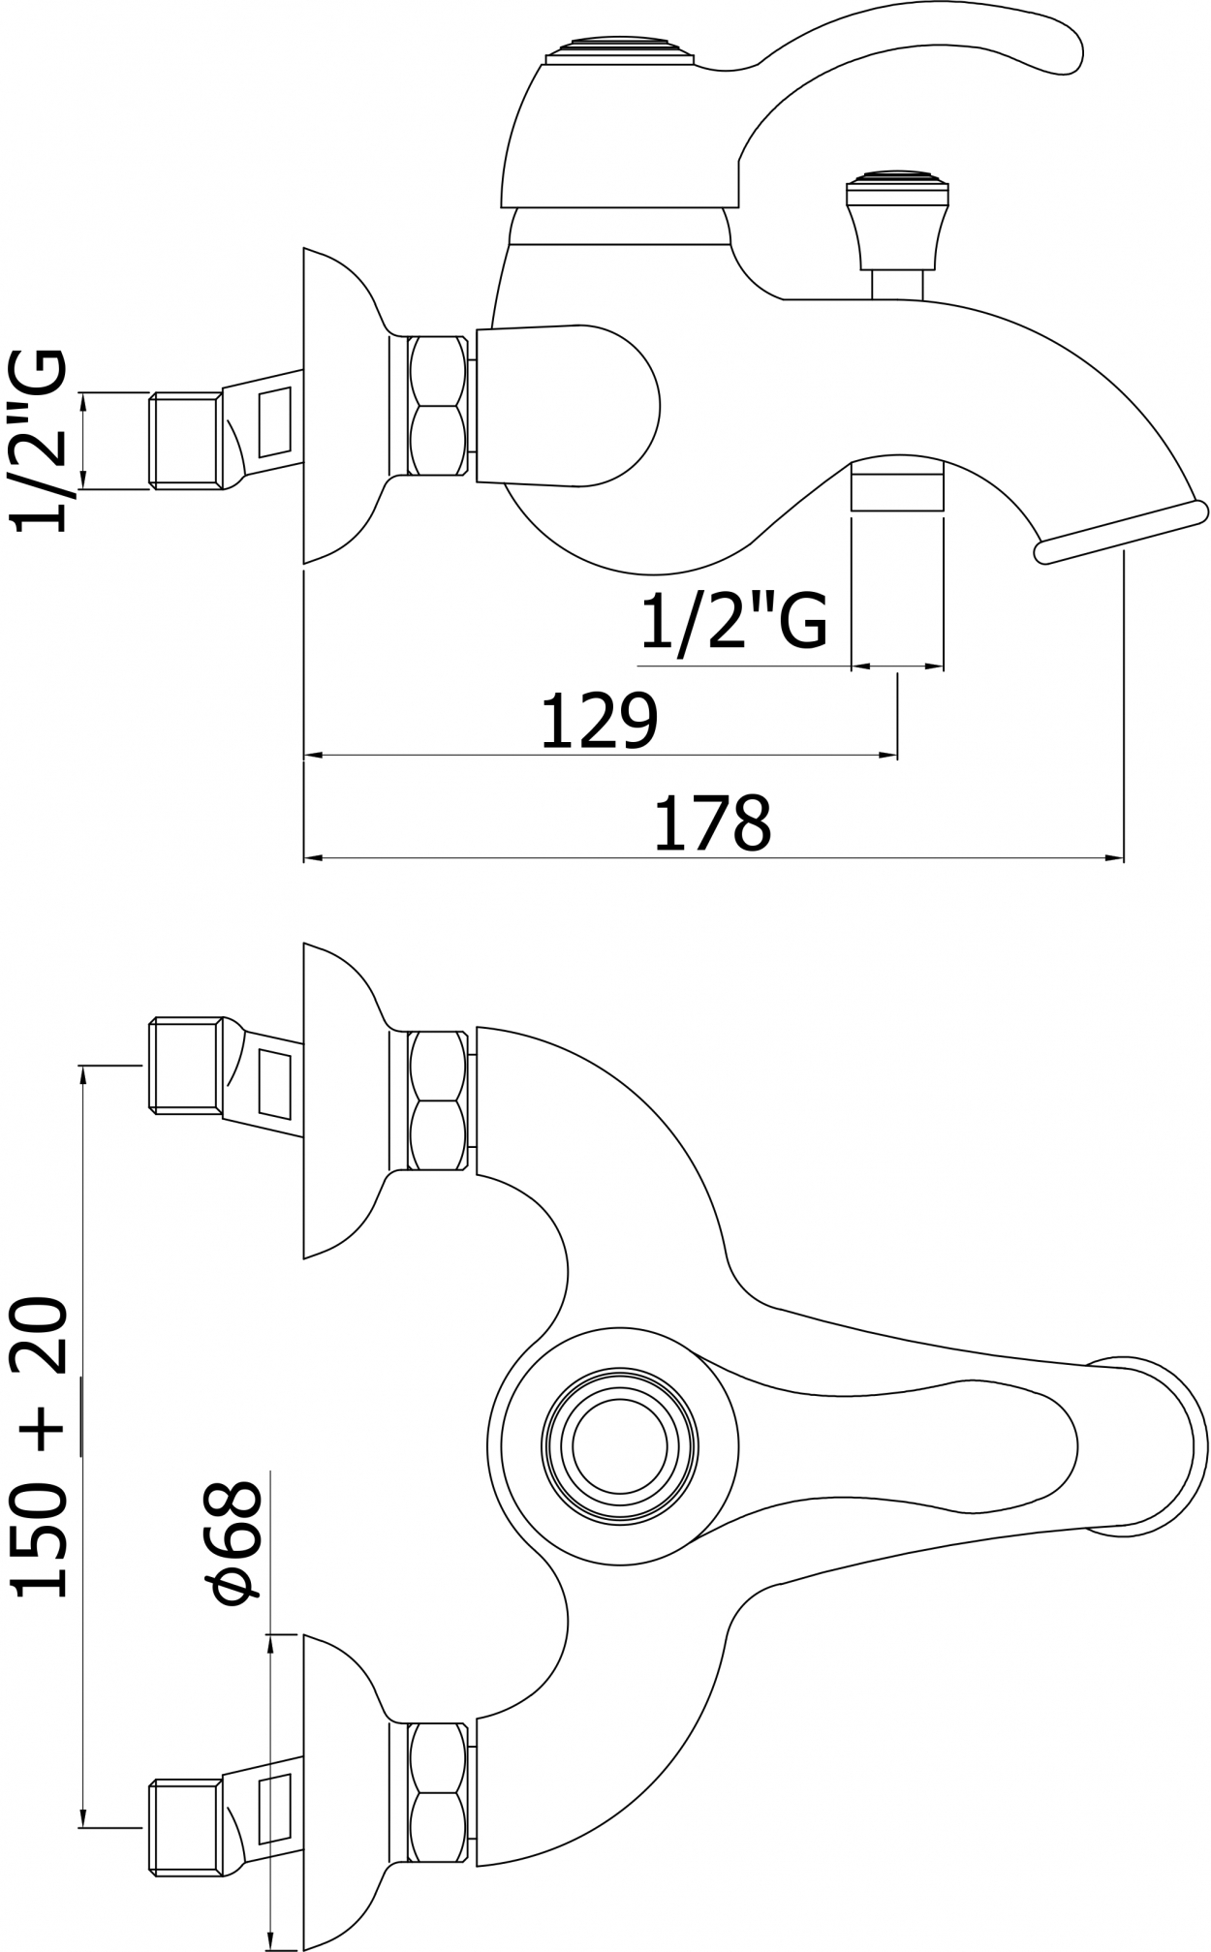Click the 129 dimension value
point(599,721)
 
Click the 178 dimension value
point(713,822)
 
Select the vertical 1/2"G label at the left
point(40,440)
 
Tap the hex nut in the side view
point(433,405)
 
